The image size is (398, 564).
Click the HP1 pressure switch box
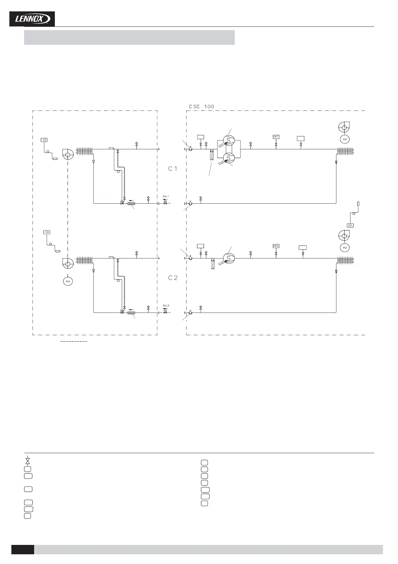pyautogui.click(x=276, y=137)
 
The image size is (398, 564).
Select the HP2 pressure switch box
pyautogui.click(x=276, y=246)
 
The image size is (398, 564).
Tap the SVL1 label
pyautogui.click(x=166, y=196)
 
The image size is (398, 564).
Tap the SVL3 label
pyautogui.click(x=166, y=305)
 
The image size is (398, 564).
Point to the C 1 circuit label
pyautogui.click(x=173, y=169)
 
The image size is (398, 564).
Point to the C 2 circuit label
pyautogui.click(x=173, y=278)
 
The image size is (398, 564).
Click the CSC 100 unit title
pyautogui.click(x=201, y=107)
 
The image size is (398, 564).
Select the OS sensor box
pyautogui.click(x=350, y=225)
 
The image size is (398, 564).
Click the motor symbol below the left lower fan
pyautogui.click(x=68, y=281)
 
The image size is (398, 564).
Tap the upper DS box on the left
pyautogui.click(x=44, y=140)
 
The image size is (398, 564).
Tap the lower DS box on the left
pyautogui.click(x=47, y=232)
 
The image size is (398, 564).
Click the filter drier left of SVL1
pyautogui.click(x=131, y=203)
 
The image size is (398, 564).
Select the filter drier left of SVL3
pyautogui.click(x=131, y=313)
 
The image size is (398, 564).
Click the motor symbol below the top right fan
pyautogui.click(x=344, y=139)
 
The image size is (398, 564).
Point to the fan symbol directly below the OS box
pyautogui.click(x=344, y=236)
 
